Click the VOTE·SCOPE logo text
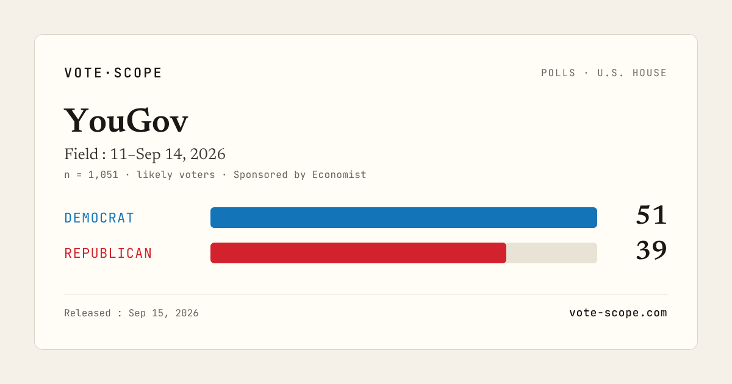tap(113, 73)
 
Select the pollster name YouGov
tap(126, 121)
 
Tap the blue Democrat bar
tap(404, 218)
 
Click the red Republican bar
tap(358, 253)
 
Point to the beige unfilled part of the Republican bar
tap(551, 253)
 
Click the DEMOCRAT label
tap(99, 218)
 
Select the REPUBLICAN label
tap(108, 254)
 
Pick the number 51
tap(651, 215)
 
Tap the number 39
tap(651, 251)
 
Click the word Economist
tap(339, 175)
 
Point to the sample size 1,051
tap(103, 175)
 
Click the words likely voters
tap(176, 175)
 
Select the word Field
tap(81, 154)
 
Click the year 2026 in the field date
tap(208, 154)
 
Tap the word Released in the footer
tap(87, 313)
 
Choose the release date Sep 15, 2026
tap(163, 313)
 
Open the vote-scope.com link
tap(618, 313)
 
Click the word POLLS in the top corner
tap(558, 73)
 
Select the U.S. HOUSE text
tap(632, 73)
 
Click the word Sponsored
tap(260, 175)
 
